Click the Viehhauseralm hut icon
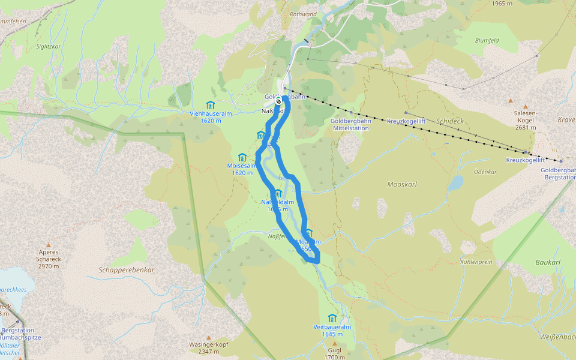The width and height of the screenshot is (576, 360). point(210,105)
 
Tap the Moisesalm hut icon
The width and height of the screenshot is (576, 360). point(242,157)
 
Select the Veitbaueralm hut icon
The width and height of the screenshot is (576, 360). point(332,318)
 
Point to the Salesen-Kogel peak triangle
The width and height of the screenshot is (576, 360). point(511,100)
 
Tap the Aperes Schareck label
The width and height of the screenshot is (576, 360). point(49,256)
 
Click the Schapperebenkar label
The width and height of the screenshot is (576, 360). point(126,270)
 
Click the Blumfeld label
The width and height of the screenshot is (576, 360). point(487,41)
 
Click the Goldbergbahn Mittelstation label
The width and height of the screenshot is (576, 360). point(351,124)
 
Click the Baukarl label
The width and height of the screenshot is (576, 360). point(547,263)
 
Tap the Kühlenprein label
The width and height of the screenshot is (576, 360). point(476,262)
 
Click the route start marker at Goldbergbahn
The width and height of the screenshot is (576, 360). point(278,101)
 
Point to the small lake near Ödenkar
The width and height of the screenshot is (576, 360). point(455,182)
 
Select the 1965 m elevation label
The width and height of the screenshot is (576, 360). point(502,4)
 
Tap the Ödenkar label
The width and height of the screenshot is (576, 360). point(485,172)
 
